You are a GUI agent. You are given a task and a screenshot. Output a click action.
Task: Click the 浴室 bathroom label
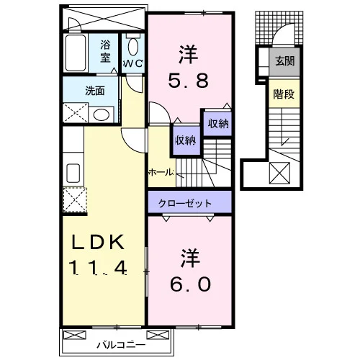(105, 51)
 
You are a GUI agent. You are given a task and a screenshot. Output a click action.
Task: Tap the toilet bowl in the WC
(133, 47)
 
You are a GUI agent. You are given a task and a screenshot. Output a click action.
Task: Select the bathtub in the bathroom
(76, 53)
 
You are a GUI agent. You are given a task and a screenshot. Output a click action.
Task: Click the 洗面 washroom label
(95, 91)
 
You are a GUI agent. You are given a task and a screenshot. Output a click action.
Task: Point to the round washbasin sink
(102, 114)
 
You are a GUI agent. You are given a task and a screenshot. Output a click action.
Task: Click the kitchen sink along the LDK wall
(73, 173)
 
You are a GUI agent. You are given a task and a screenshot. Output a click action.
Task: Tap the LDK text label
(99, 242)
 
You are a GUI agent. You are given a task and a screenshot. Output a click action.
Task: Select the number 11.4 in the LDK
(98, 268)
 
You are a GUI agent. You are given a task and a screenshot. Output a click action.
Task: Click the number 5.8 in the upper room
(188, 81)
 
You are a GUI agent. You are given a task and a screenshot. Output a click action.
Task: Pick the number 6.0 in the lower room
(191, 284)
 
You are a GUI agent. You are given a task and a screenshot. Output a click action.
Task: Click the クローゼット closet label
(185, 204)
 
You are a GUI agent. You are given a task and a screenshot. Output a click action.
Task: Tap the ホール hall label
(161, 172)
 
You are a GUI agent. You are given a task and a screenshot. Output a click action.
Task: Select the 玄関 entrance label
(284, 61)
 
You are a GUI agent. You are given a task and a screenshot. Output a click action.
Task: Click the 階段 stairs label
(284, 94)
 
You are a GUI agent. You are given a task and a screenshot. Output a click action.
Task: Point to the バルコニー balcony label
(121, 345)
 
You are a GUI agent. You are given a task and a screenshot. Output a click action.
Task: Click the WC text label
(133, 63)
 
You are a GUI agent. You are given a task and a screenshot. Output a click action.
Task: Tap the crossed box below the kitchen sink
(75, 200)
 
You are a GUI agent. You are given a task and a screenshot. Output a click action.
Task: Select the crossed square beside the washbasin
(76, 113)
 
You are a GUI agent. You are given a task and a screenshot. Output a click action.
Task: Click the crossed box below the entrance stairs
(279, 173)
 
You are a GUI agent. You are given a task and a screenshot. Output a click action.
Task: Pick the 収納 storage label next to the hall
(186, 140)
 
